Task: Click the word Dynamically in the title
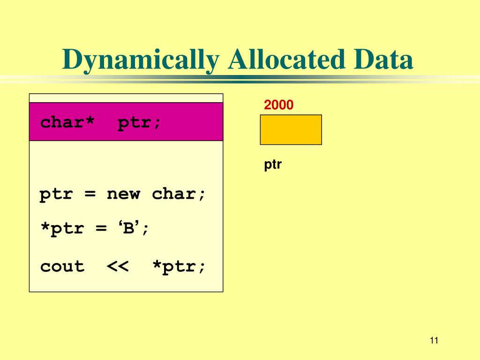[141, 60]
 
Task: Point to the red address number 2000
[278, 105]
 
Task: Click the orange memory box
[291, 129]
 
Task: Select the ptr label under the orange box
[272, 165]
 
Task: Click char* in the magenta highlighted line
[67, 122]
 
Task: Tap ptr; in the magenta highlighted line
[139, 122]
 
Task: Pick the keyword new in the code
[123, 194]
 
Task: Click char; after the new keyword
[179, 194]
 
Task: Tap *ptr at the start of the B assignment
[62, 229]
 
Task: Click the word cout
[62, 267]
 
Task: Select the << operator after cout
[118, 267]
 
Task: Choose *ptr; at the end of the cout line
[179, 267]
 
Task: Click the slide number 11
[433, 341]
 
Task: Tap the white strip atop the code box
[126, 98]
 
